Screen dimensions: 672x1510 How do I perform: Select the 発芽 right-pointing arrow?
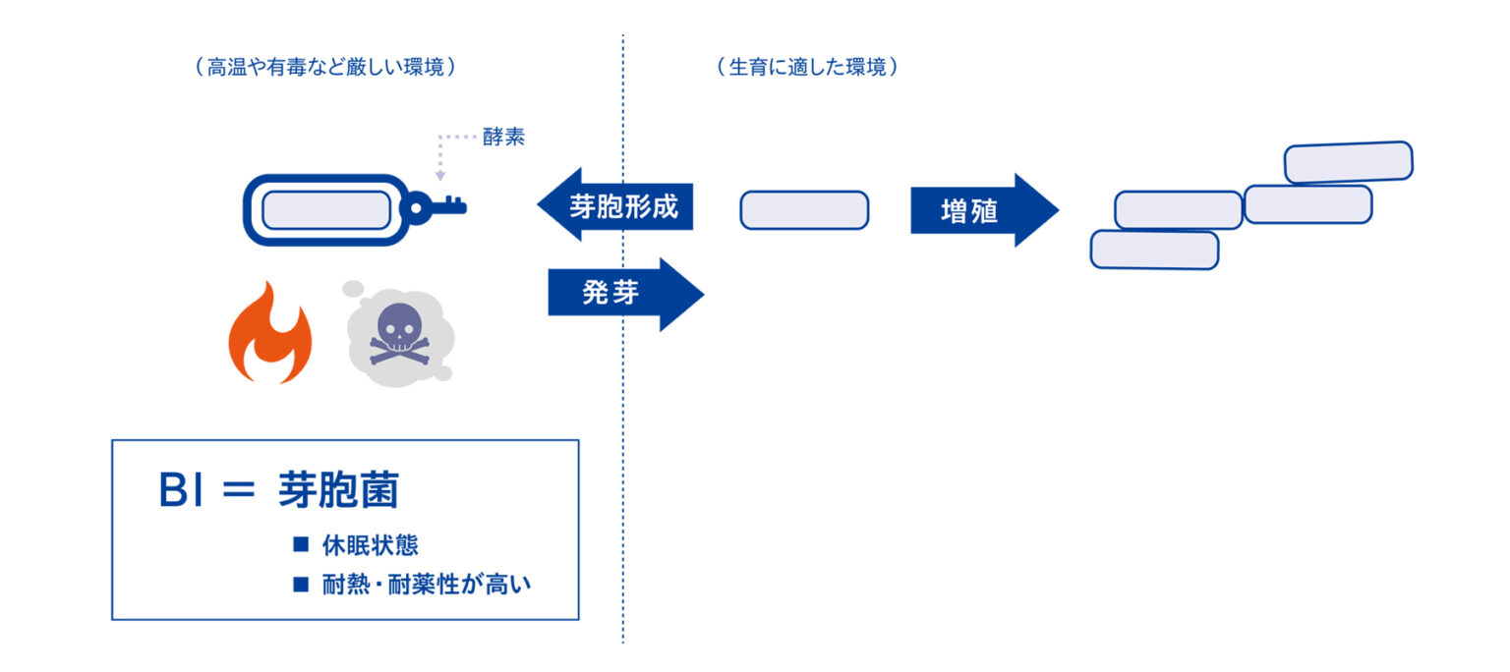[625, 294]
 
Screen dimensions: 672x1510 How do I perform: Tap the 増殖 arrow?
[983, 210]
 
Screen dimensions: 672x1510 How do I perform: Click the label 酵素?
[503, 138]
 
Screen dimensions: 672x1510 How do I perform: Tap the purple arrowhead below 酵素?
[440, 175]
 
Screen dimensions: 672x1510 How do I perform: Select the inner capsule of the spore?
[326, 210]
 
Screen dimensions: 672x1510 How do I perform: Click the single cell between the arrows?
[804, 210]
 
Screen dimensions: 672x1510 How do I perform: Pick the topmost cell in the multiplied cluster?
[1348, 162]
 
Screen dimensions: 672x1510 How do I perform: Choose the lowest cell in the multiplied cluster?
[1154, 250]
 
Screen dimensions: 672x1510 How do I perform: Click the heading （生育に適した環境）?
[807, 68]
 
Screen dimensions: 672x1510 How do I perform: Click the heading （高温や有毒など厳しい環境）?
[325, 68]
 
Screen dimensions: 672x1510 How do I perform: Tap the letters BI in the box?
[181, 491]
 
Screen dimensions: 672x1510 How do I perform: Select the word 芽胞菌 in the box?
[338, 491]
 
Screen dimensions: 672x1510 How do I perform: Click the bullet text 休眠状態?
[370, 545]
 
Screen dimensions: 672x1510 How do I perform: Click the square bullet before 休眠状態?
[301, 545]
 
